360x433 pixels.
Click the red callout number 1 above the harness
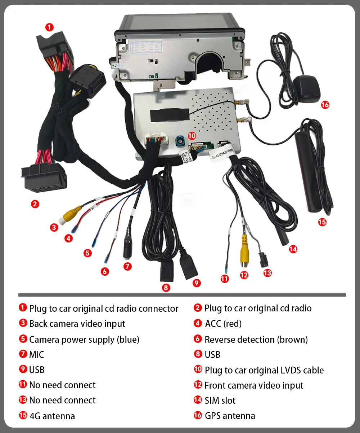[49, 27]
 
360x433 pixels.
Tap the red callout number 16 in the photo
[325, 105]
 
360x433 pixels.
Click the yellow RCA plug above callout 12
[244, 249]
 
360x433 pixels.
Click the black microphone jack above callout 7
[127, 249]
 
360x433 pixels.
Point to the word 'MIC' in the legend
[36, 355]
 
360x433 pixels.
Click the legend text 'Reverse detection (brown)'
[256, 340]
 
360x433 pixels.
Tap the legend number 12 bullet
[198, 385]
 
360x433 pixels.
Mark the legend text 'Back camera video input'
[77, 324]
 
